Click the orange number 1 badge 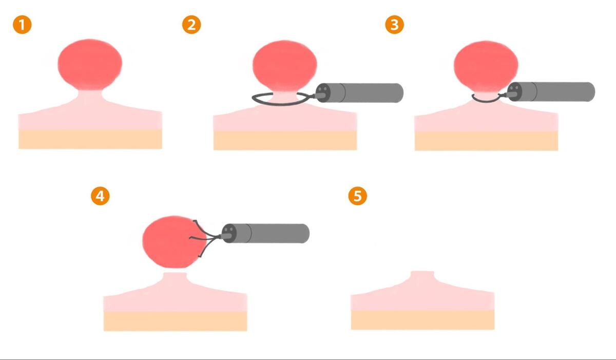(22, 25)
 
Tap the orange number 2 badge (191, 25)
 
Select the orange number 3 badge (395, 25)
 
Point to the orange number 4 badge (101, 196)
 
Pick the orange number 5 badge (357, 196)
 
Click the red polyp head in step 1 (90, 64)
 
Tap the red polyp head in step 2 (284, 65)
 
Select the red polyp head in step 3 (486, 66)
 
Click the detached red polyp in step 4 (174, 242)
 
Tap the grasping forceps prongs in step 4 (205, 238)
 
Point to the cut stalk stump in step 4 (175, 278)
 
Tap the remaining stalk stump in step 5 (422, 277)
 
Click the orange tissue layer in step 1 (90, 139)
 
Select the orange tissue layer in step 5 (422, 320)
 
